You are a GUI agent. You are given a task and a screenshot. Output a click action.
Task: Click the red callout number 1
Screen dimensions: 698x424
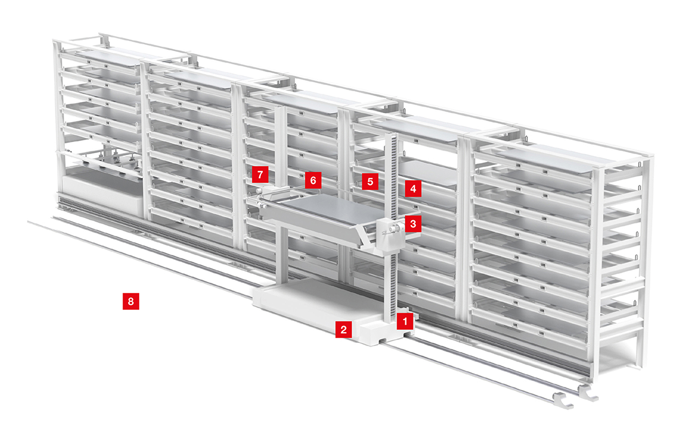click(405, 321)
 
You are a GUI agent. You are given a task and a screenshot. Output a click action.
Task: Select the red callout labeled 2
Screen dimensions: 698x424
click(344, 330)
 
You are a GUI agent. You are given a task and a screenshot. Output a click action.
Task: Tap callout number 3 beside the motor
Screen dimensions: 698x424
click(413, 223)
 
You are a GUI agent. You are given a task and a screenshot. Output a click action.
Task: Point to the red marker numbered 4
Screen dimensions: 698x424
click(413, 189)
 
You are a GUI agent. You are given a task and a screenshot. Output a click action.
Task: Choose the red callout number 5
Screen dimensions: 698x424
click(370, 182)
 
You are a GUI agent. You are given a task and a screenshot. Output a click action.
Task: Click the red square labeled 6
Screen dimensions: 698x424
click(313, 180)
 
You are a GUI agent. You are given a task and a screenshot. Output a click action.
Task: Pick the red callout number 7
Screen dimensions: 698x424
click(260, 174)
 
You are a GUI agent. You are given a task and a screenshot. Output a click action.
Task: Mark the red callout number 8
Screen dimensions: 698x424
click(131, 301)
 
